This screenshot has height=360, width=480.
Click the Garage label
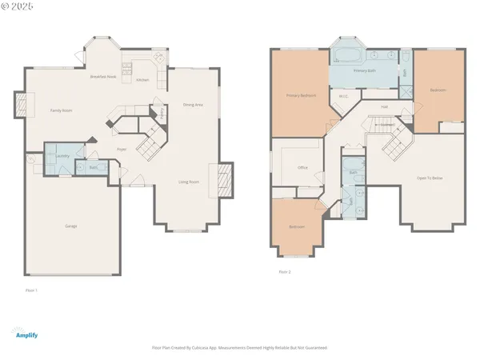pyautogui.click(x=71, y=226)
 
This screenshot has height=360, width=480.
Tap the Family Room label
pyautogui.click(x=62, y=110)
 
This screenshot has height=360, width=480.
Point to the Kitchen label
pyautogui.click(x=142, y=80)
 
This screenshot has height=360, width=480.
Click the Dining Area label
pyautogui.click(x=193, y=104)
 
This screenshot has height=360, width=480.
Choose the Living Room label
pyautogui.click(x=189, y=182)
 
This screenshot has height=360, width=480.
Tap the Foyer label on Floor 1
pyautogui.click(x=122, y=149)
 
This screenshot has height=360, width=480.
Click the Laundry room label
pyautogui.click(x=62, y=155)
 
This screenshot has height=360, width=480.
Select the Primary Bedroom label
pyautogui.click(x=302, y=95)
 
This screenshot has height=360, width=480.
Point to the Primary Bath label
pyautogui.click(x=360, y=71)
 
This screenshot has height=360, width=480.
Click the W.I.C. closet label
pyautogui.click(x=344, y=97)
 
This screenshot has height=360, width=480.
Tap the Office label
pyautogui.click(x=303, y=167)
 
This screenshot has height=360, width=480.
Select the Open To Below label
pyautogui.click(x=430, y=177)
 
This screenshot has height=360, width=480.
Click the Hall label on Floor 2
pyautogui.click(x=384, y=106)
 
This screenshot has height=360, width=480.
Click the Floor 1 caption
pyautogui.click(x=32, y=290)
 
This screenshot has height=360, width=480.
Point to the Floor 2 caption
pyautogui.click(x=285, y=272)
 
